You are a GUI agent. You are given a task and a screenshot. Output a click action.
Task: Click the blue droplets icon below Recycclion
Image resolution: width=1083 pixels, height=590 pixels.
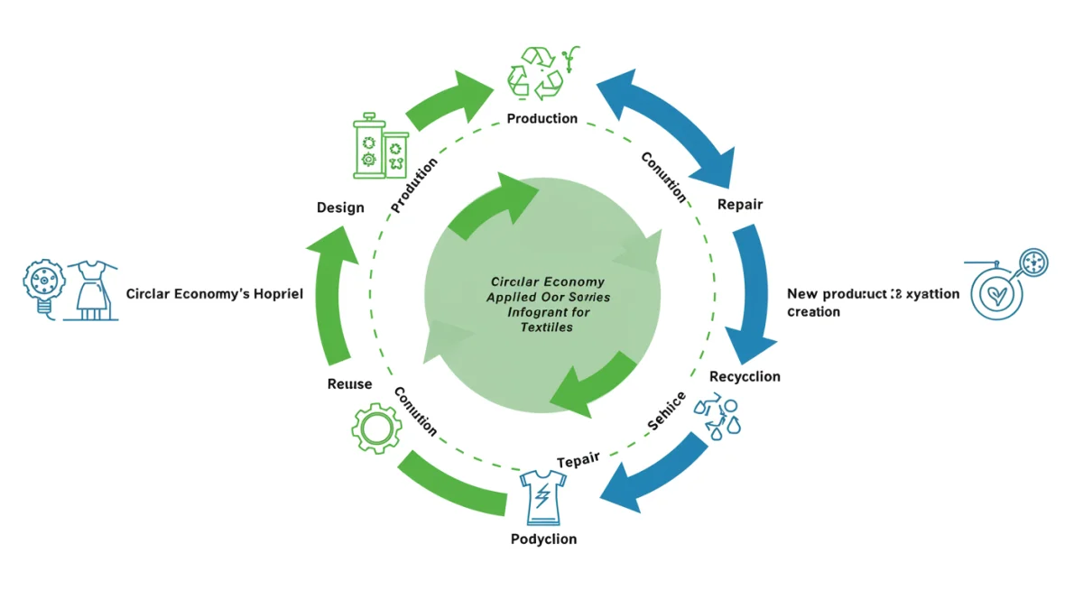pyautogui.click(x=717, y=418)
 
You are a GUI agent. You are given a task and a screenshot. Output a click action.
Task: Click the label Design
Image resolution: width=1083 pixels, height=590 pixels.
pyautogui.click(x=340, y=207)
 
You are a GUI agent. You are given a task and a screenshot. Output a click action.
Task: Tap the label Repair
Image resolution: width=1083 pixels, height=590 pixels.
pyautogui.click(x=739, y=204)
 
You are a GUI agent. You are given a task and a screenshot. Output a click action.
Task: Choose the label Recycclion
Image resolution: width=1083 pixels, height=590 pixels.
pyautogui.click(x=745, y=376)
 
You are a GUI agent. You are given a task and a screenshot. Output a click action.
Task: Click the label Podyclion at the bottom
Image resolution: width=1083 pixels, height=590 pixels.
pyautogui.click(x=543, y=539)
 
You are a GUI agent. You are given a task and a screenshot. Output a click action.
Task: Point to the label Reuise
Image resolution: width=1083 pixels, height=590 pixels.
pyautogui.click(x=349, y=384)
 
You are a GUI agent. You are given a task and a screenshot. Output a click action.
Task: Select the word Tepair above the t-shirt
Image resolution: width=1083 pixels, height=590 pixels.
pyautogui.click(x=578, y=460)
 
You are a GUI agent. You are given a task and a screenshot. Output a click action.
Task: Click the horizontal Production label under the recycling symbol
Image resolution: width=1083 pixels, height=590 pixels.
pyautogui.click(x=541, y=118)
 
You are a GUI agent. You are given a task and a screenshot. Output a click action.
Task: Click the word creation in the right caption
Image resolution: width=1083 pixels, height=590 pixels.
pyautogui.click(x=813, y=311)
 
